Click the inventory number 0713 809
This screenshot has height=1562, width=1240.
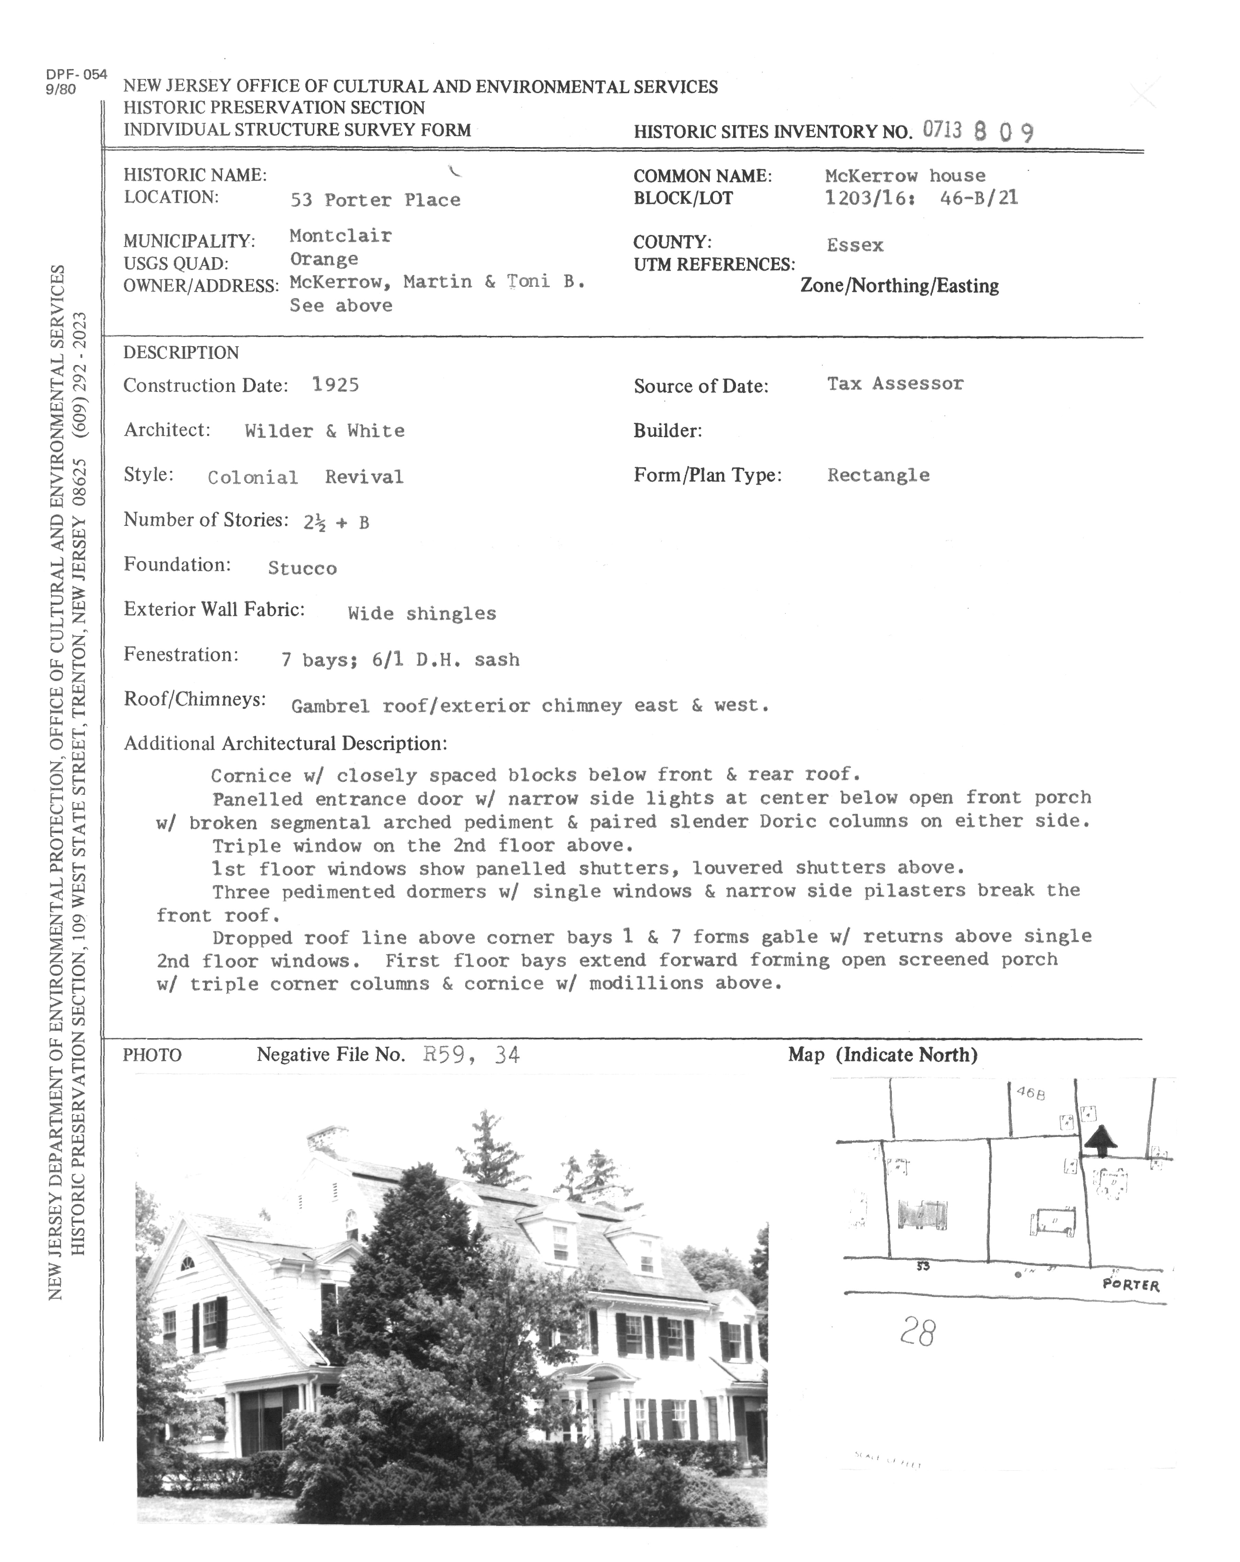(978, 131)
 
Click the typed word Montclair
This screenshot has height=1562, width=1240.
(340, 236)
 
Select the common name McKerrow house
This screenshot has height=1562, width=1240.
(905, 175)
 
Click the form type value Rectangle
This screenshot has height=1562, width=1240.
(878, 475)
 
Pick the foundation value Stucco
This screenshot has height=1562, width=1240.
(302, 568)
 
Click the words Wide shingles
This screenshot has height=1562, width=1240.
(422, 614)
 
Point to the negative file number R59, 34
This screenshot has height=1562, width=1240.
(471, 1055)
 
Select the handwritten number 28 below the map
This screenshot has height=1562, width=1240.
(918, 1332)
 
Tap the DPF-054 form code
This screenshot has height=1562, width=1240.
(76, 75)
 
